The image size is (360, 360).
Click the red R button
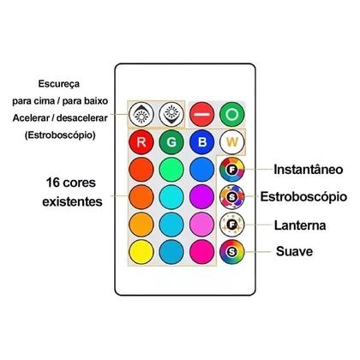[x=141, y=142]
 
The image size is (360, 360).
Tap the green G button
[x=171, y=142]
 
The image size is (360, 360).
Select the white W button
[x=232, y=142]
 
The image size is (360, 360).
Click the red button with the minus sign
[x=201, y=114]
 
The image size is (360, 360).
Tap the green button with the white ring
[x=232, y=114]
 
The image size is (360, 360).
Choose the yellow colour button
[x=141, y=252]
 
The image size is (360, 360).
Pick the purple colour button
[x=201, y=197]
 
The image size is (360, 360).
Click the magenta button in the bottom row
[x=201, y=252]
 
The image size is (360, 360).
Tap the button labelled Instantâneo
[x=232, y=170]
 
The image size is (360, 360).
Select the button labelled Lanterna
[x=232, y=225]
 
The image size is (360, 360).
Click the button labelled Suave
[x=232, y=252]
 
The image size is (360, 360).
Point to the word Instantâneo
[x=309, y=170]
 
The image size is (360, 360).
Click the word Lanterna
[x=300, y=225]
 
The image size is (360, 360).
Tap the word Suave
[x=294, y=251]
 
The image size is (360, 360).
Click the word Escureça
[x=59, y=84]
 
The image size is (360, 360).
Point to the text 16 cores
[x=71, y=183]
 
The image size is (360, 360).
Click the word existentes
[x=72, y=201]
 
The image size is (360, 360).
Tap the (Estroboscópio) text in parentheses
[x=60, y=135]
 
